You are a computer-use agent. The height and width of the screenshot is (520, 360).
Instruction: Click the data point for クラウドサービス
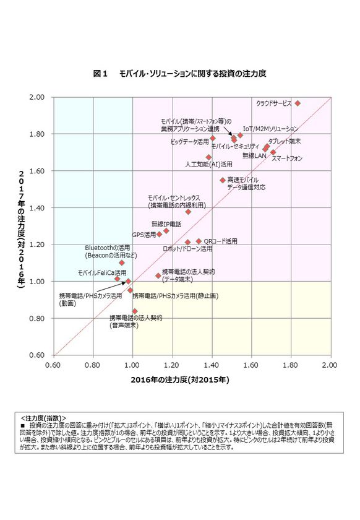[298, 103]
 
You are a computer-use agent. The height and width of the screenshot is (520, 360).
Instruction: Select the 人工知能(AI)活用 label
[209, 165]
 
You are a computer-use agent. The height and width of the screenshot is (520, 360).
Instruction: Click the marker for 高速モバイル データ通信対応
[223, 180]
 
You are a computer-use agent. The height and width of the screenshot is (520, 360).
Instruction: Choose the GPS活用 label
[144, 235]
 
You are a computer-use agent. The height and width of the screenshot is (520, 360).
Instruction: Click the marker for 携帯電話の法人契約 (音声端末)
[135, 311]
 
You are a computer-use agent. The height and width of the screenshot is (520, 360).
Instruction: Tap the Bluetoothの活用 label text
[107, 248]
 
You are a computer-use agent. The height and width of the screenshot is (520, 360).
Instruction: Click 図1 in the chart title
[100, 74]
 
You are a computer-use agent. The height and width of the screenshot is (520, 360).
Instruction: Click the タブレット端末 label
[284, 141]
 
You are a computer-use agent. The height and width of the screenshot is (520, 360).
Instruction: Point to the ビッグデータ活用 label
[190, 142]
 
